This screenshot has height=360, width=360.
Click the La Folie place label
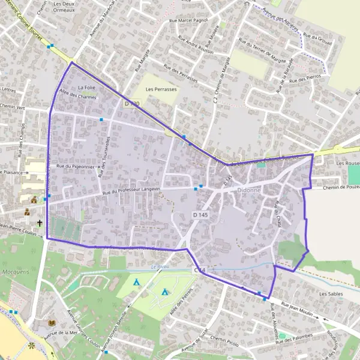[87, 88]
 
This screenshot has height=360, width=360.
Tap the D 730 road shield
[132, 104]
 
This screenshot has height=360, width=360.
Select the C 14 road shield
[199, 271]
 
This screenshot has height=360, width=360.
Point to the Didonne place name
[248, 188]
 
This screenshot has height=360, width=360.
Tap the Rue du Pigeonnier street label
[75, 166]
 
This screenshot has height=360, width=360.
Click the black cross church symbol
[40, 223]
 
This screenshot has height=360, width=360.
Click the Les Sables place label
[331, 294]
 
